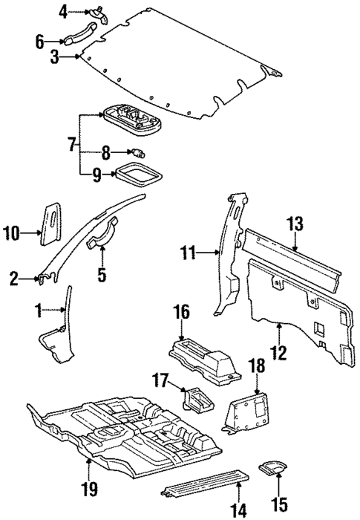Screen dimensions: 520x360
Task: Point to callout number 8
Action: pos(106,155)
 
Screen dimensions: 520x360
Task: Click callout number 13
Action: pos(295,224)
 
